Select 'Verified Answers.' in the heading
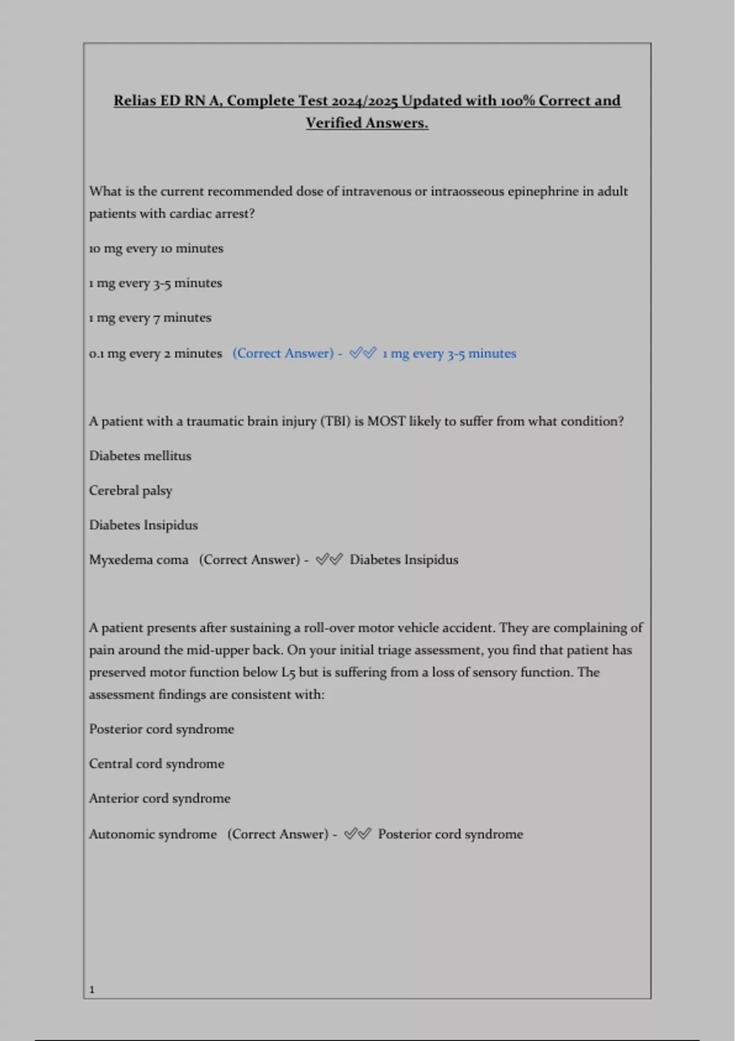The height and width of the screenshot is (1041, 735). pos(367,123)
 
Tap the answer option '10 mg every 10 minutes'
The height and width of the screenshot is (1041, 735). pos(156,249)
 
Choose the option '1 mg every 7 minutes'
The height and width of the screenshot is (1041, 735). pos(150,318)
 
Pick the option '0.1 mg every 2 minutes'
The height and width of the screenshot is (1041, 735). pos(156,353)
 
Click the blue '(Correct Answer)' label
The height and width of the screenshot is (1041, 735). pos(283,353)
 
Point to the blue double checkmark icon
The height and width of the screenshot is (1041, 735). pos(363,353)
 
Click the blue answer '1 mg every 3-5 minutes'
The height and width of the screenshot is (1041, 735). pos(450,353)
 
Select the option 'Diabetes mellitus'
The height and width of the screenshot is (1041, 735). pos(140,456)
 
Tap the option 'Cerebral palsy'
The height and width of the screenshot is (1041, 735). pos(130,490)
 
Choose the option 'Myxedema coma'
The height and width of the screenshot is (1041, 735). pos(138,560)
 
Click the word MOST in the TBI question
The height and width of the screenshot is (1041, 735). pos(386,421)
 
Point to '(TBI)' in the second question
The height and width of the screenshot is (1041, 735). pos(335,421)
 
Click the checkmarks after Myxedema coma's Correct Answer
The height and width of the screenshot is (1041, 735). pos(329,560)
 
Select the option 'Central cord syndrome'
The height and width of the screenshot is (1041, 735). pos(156,764)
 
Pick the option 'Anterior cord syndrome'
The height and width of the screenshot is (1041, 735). pos(159,799)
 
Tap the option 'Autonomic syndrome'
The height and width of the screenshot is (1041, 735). pos(153,834)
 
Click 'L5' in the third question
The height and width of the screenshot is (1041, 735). pos(288,672)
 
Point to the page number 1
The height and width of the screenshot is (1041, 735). pos(92,990)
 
